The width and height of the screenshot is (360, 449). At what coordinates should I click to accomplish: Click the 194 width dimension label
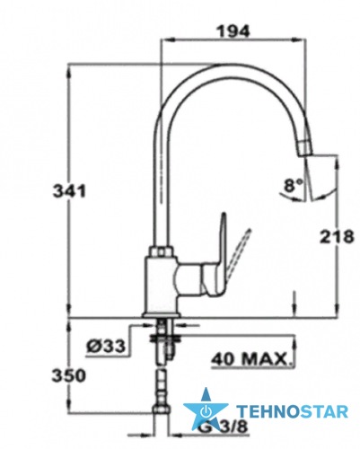coord(233,31)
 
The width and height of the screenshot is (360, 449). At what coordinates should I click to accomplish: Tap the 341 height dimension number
coord(69,191)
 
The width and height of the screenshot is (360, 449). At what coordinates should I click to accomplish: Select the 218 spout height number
coord(337,237)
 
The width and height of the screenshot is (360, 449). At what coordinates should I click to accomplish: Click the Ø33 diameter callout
coord(106,347)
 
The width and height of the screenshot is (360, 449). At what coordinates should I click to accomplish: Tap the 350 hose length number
coord(69,376)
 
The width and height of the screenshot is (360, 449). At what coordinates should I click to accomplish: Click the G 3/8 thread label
coord(224,427)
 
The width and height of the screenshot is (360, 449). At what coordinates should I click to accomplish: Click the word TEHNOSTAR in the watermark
coord(293,411)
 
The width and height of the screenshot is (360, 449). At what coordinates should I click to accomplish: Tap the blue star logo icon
coord(206,410)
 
